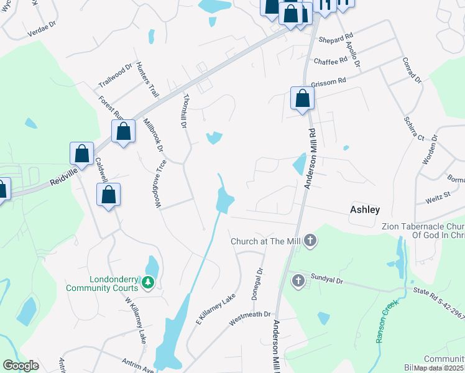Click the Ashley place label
pyautogui.click(x=365, y=210)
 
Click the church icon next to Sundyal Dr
pyautogui.click(x=298, y=281)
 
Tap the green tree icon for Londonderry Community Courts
pyautogui.click(x=148, y=283)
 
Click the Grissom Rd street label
pyautogui.click(x=329, y=82)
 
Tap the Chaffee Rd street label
pyautogui.click(x=330, y=61)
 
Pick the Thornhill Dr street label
pyautogui.click(x=184, y=111)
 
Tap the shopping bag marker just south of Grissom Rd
pyautogui.click(x=302, y=98)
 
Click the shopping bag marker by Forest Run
pyautogui.click(x=124, y=131)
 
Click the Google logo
pyautogui.click(x=21, y=366)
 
